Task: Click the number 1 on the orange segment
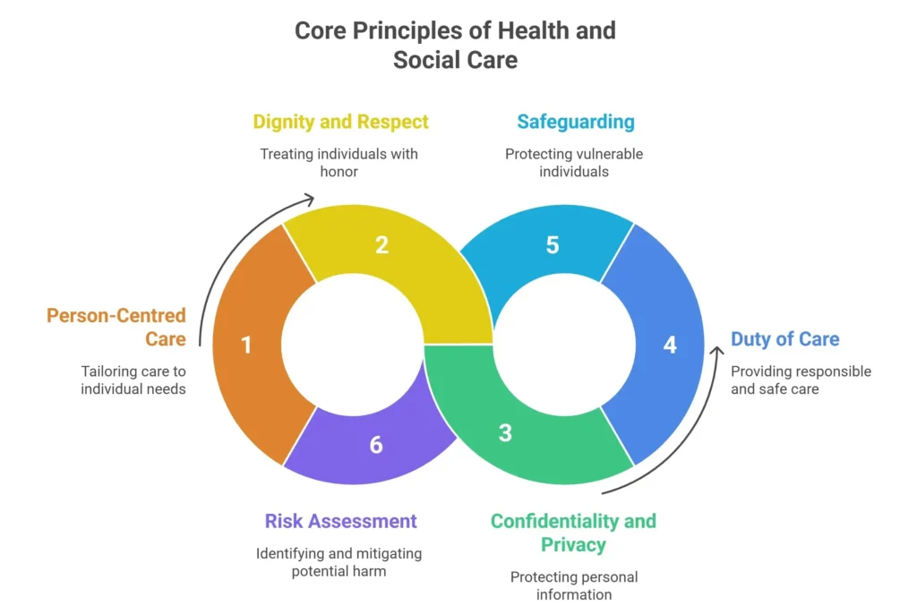tap(247, 345)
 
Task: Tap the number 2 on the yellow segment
tap(381, 244)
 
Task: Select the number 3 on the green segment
tap(505, 433)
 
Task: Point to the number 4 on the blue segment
tap(670, 345)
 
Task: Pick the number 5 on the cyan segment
tap(553, 244)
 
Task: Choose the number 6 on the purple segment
tap(376, 445)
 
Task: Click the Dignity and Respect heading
tap(340, 122)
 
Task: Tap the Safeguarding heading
tap(576, 122)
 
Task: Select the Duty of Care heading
tap(785, 339)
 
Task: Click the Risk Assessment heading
tap(340, 521)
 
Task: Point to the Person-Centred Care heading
tap(116, 327)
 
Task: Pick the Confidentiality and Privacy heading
tap(573, 532)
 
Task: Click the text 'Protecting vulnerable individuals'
tap(574, 162)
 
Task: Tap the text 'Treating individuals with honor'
tap(339, 162)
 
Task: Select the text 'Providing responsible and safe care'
tap(801, 380)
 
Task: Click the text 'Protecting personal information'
tap(574, 585)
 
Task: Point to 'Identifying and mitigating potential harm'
tap(339, 562)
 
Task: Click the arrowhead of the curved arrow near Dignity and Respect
tap(307, 198)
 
